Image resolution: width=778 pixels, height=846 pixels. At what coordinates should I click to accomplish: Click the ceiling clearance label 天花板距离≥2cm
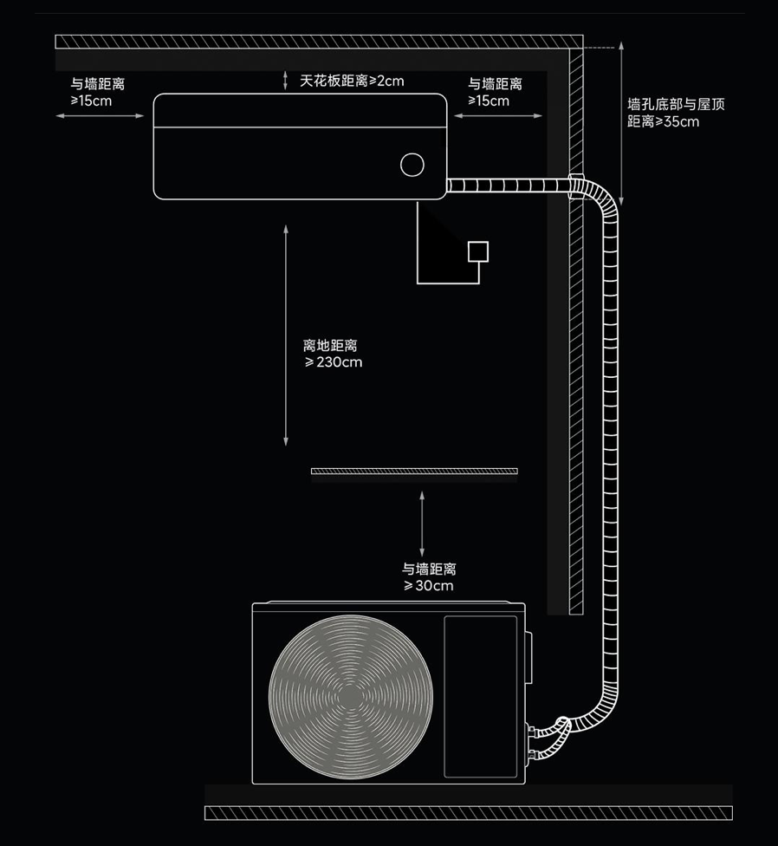[x=352, y=81]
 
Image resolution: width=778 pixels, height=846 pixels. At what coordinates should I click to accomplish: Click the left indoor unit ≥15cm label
[x=97, y=93]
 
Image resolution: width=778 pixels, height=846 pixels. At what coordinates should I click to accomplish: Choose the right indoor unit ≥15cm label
[x=495, y=93]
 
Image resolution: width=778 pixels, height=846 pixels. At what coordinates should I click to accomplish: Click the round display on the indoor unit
[x=412, y=164]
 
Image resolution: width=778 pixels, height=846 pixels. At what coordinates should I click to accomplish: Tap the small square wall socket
[x=477, y=251]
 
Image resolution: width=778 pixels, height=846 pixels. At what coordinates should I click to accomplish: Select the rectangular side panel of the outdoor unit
[x=480, y=696]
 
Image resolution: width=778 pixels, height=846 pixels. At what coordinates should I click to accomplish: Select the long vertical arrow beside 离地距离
[x=286, y=335]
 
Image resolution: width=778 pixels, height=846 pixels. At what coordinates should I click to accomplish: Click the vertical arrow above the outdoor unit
[x=422, y=524]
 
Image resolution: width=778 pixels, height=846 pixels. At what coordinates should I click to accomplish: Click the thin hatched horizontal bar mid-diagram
[x=414, y=472]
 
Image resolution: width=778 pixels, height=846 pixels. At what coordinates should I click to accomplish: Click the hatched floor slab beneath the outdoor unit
[x=468, y=812]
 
